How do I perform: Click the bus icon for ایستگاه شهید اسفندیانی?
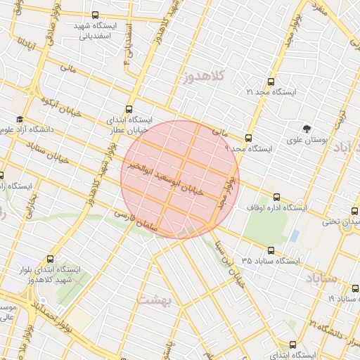pyautogui.click(x=96, y=15)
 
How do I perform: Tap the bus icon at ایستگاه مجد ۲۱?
pyautogui.click(x=271, y=82)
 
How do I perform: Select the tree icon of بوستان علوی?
pyautogui.click(x=307, y=129)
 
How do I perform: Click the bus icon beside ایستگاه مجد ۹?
pyautogui.click(x=248, y=138)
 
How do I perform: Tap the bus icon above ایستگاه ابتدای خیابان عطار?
pyautogui.click(x=128, y=109)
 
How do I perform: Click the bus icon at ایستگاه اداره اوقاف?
pyautogui.click(x=276, y=198)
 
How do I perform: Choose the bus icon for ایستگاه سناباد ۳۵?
pyautogui.click(x=271, y=250)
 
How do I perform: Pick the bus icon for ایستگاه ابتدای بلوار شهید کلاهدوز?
pyautogui.click(x=49, y=259)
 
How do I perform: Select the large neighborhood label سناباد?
pyautogui.click(x=321, y=279)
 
